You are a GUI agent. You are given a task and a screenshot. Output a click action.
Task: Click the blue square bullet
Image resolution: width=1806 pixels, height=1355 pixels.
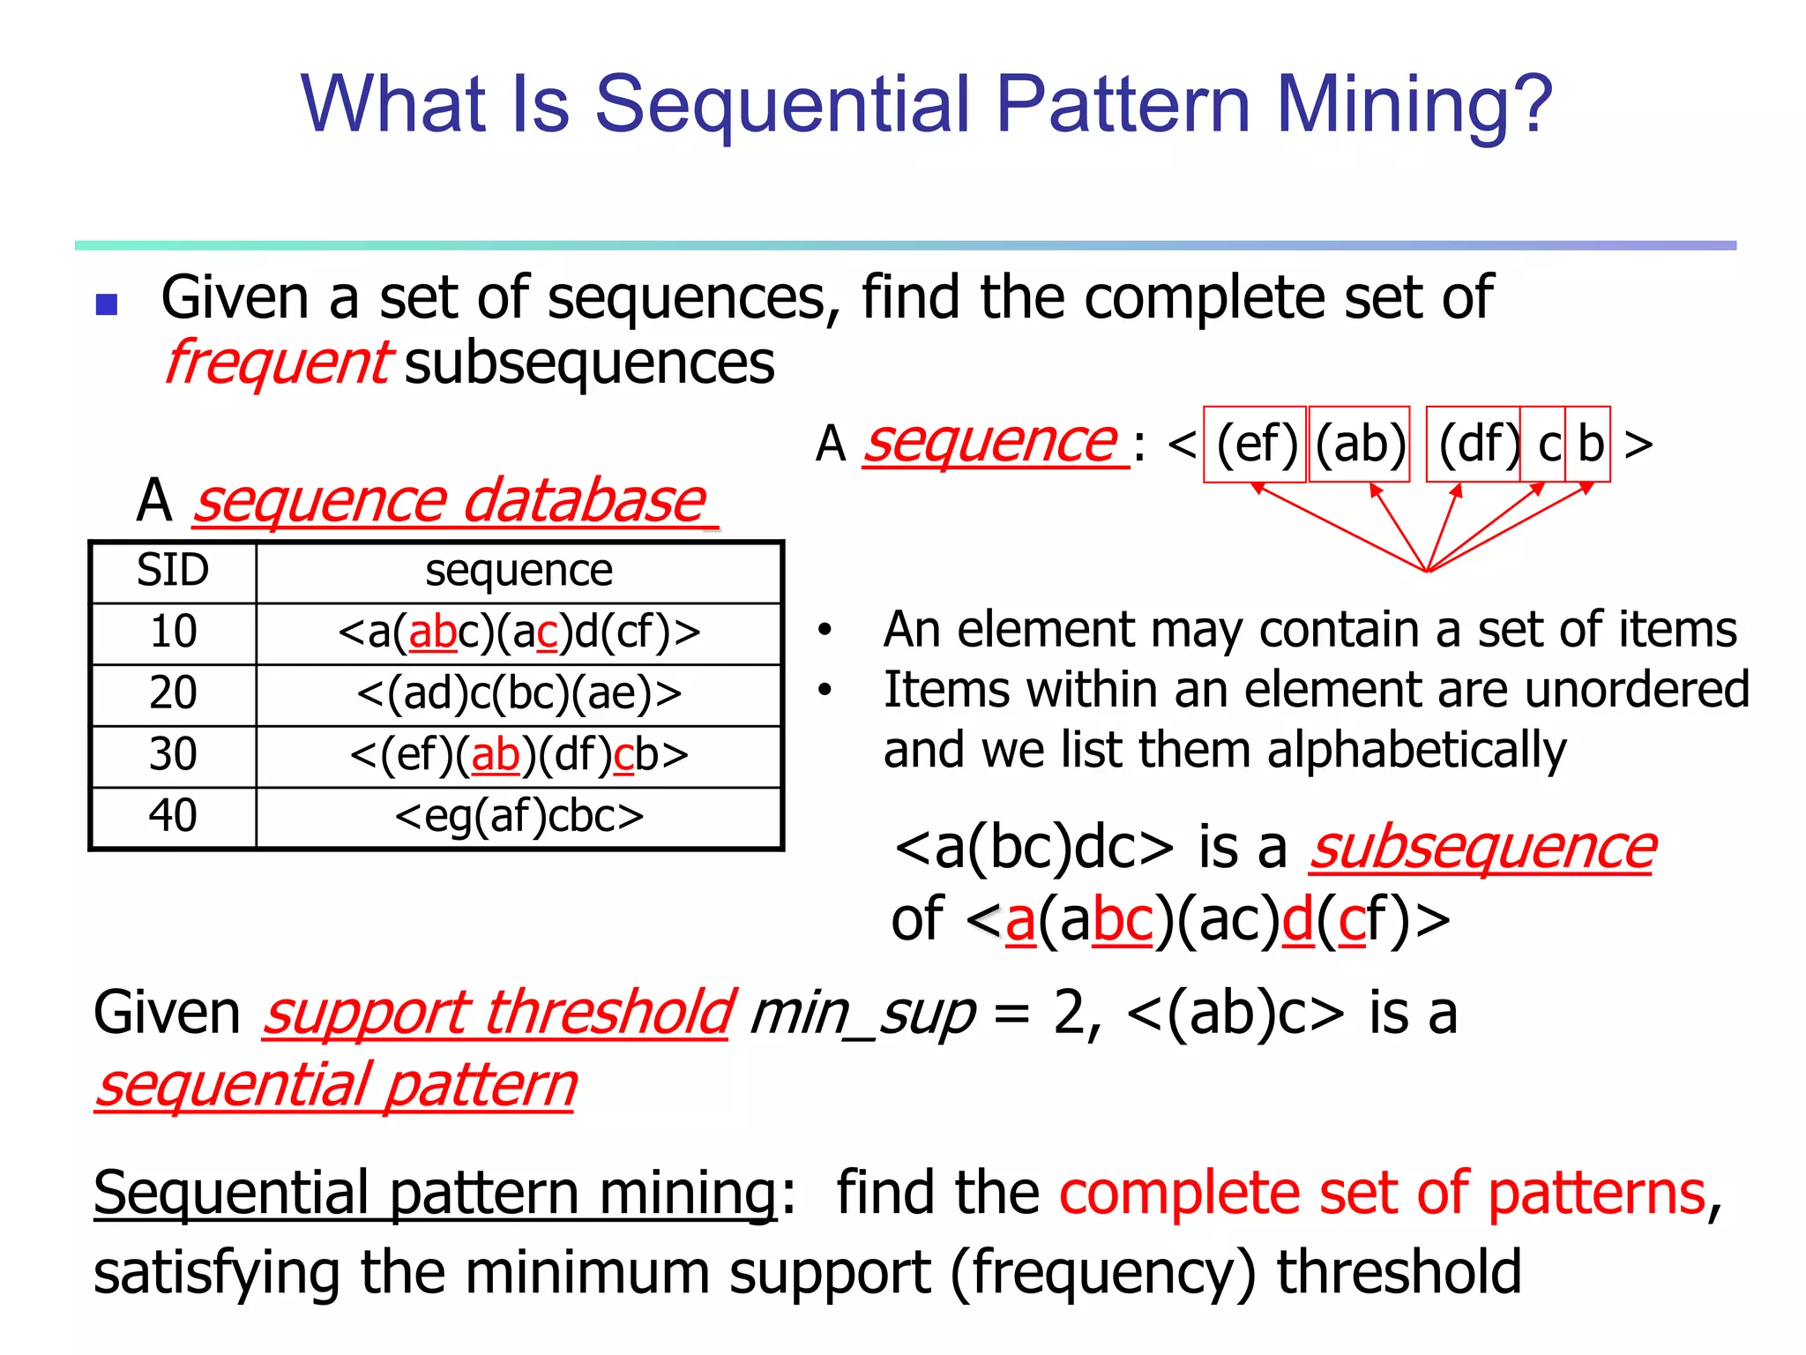click(107, 304)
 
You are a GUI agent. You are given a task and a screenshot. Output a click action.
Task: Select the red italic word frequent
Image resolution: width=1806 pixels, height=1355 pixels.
click(277, 363)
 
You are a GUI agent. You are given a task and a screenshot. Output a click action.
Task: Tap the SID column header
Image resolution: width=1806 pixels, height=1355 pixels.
click(173, 571)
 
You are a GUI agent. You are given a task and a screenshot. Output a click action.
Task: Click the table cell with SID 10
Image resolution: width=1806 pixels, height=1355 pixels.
click(173, 633)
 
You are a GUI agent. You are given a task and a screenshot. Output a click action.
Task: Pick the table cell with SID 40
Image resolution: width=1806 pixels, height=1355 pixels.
click(173, 816)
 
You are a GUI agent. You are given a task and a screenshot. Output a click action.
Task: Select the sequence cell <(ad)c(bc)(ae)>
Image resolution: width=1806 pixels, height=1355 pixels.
click(519, 693)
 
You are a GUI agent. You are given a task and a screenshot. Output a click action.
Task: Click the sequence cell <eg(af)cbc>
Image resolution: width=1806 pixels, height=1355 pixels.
click(519, 816)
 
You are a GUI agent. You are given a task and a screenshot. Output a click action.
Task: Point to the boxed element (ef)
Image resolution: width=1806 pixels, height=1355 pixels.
click(1255, 444)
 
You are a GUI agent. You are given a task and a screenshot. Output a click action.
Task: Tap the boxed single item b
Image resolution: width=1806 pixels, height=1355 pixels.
click(1589, 444)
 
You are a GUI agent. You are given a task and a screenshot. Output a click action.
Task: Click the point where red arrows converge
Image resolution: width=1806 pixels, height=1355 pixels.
click(1428, 571)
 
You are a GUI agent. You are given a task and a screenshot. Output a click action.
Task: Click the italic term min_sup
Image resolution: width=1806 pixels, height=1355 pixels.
click(862, 1013)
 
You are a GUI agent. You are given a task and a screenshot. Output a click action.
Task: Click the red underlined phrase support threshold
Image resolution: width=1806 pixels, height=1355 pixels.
click(497, 1013)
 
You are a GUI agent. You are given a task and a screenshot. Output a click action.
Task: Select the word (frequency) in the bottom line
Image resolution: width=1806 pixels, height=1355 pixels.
click(1102, 1272)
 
